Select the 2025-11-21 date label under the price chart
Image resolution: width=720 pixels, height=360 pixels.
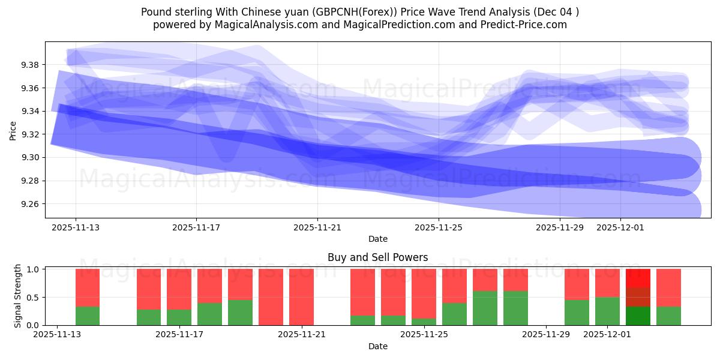(x=317, y=228)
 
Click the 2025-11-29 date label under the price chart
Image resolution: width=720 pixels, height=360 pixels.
(x=559, y=228)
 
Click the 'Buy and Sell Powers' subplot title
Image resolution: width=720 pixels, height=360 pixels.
(x=377, y=257)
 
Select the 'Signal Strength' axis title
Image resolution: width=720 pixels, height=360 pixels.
(x=18, y=295)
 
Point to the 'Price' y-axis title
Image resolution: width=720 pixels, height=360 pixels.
(x=13, y=130)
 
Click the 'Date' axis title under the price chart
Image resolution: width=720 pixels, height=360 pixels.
(x=377, y=239)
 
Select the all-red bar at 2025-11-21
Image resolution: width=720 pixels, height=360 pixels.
(x=301, y=297)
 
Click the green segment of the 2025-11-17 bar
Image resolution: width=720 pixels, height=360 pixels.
(x=179, y=317)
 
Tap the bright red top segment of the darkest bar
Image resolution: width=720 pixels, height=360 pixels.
(x=638, y=278)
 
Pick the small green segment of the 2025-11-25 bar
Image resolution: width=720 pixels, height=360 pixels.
(x=424, y=322)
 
